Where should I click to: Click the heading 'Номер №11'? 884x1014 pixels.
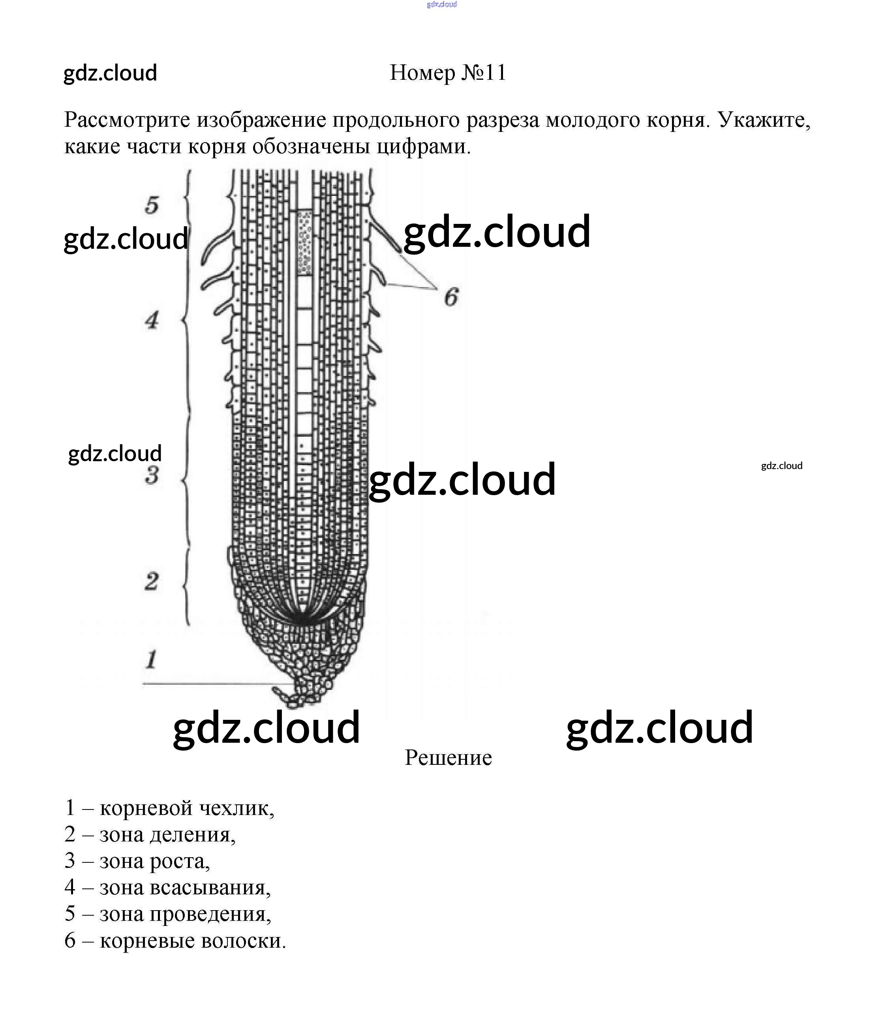tap(448, 73)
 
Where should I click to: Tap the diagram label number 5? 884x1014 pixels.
tap(152, 204)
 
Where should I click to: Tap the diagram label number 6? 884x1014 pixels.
tap(451, 297)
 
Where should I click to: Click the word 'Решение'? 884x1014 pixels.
tap(448, 758)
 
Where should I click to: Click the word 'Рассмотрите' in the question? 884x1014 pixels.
tap(127, 120)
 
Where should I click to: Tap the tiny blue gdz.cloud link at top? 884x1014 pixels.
tap(442, 4)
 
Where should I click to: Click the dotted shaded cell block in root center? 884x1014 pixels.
tap(305, 243)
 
